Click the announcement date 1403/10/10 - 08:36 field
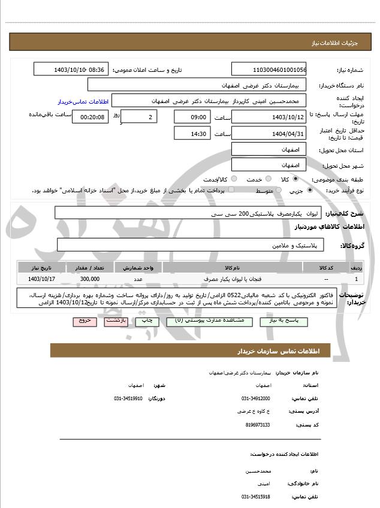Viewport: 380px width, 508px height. coord(71,69)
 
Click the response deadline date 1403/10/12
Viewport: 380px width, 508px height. coord(269,117)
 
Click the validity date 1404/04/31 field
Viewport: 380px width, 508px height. coord(269,134)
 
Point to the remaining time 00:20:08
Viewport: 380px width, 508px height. coord(90,117)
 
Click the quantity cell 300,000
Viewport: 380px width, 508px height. coord(89,279)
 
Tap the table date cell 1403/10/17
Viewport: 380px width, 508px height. coord(41,279)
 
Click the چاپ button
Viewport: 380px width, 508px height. coord(147,321)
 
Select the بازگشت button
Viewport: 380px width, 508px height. coord(114,321)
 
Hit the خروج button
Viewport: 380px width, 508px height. coord(84,321)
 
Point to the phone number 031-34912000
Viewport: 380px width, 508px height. coord(256,398)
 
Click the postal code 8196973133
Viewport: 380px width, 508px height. coord(258,425)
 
